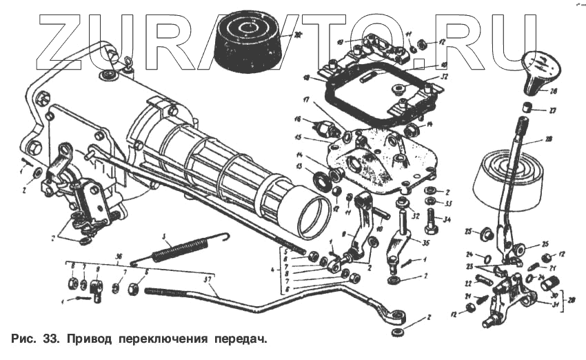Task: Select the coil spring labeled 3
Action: pos(181,248)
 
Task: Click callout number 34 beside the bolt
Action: pos(446,221)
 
